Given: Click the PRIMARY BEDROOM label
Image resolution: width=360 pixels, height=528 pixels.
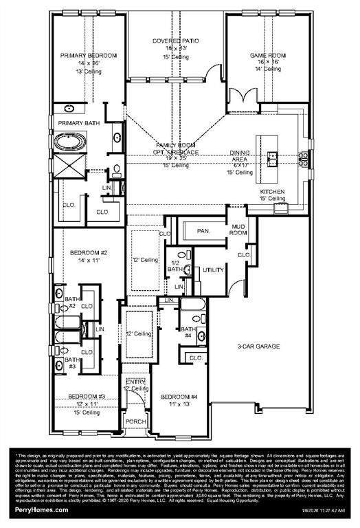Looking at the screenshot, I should pyautogui.click(x=88, y=55).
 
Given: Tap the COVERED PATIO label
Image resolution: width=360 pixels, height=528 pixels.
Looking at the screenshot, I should pyautogui.click(x=176, y=41).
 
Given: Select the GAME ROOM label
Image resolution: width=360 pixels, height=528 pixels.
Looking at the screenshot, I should pyautogui.click(x=265, y=54).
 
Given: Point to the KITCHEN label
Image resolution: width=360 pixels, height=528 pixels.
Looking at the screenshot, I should pyautogui.click(x=273, y=191).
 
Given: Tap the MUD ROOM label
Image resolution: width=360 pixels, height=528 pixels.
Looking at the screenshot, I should pyautogui.click(x=238, y=229).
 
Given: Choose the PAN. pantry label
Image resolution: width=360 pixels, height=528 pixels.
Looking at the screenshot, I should pyautogui.click(x=203, y=231).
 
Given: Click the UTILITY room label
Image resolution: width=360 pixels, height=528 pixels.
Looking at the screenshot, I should pyautogui.click(x=214, y=270).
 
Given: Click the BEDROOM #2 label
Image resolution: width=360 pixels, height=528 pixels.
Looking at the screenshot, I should pyautogui.click(x=89, y=253).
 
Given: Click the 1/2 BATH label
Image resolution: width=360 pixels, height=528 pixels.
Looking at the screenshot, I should pyautogui.click(x=175, y=266).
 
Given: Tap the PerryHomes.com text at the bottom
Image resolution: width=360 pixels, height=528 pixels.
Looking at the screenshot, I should pyautogui.click(x=40, y=509).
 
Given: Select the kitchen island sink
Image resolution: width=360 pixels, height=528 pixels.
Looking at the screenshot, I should pyautogui.click(x=273, y=157).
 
